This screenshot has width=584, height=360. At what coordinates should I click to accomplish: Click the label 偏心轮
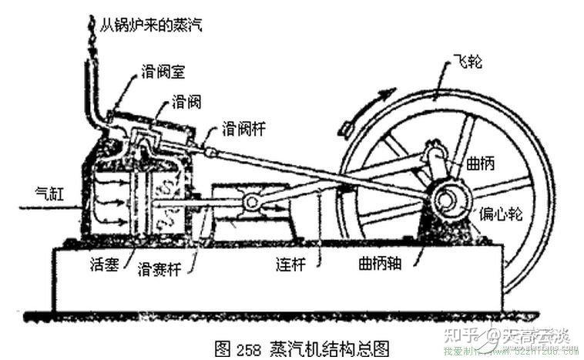tap(502, 213)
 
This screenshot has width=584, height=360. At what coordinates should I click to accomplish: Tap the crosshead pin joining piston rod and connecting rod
tap(250, 202)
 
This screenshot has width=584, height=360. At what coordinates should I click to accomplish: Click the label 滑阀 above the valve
tap(187, 102)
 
